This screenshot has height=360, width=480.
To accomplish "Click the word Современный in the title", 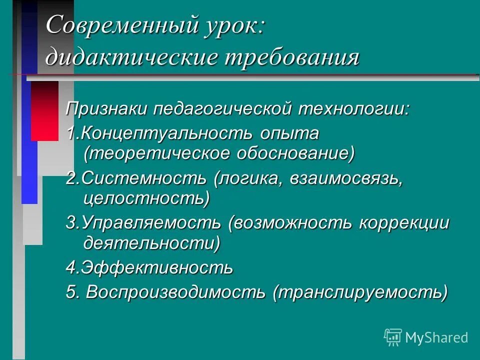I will tap(105, 25).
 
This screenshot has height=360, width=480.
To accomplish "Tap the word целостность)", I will tap(146, 198).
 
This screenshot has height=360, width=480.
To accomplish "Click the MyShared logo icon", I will tap(393, 337).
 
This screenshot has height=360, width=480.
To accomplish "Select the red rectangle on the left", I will tap(44, 110).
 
